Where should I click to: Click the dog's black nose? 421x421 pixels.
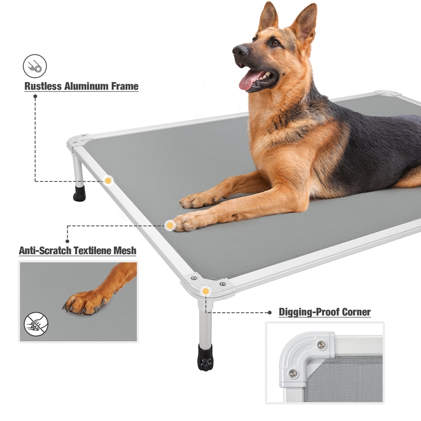point(240,51)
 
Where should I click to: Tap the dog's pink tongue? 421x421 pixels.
point(249,80)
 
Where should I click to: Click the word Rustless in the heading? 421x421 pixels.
point(43,86)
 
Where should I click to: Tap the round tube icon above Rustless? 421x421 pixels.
point(35,66)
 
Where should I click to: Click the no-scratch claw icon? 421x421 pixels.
point(36,323)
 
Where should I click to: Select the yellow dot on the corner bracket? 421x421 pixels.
point(206,291)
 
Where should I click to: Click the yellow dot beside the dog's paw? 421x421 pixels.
point(170,225)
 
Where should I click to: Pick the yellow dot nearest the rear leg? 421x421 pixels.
point(108,181)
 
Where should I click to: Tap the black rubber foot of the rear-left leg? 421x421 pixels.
point(79,193)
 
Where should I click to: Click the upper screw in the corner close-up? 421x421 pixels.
point(321,346)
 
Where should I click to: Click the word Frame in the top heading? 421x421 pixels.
point(125,86)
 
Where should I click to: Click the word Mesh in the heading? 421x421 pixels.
point(125,250)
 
